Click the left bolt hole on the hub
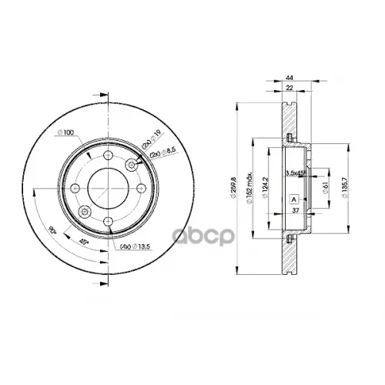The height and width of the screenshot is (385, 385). (75, 189)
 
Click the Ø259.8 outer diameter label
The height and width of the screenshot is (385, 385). (230, 189)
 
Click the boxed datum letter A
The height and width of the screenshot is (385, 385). (294, 199)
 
